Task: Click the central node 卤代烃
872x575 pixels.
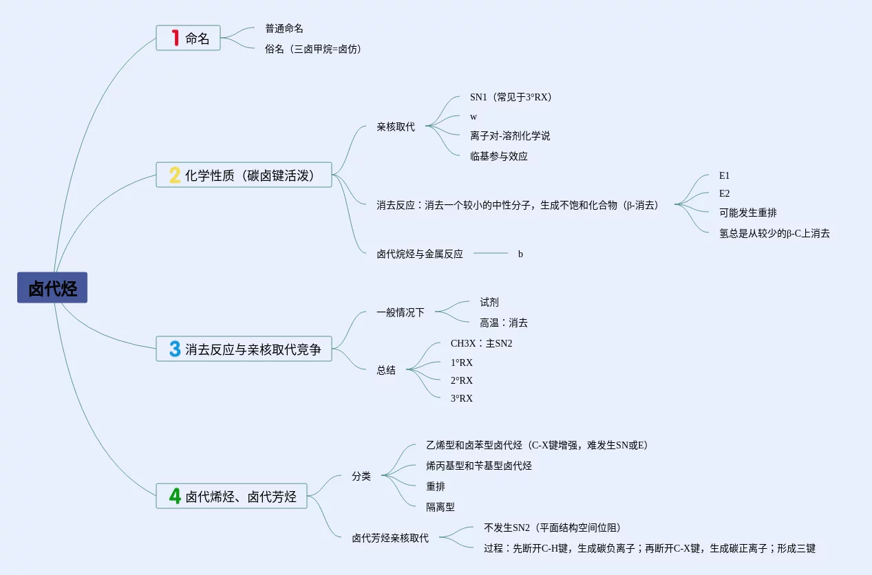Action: tap(52, 287)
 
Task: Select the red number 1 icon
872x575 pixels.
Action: tap(175, 38)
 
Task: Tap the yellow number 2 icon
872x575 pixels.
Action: tap(175, 175)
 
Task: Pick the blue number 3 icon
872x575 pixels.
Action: tap(175, 349)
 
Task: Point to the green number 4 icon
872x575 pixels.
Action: tap(175, 496)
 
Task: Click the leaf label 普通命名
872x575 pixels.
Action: tap(284, 29)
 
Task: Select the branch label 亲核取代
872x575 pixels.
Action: tap(396, 127)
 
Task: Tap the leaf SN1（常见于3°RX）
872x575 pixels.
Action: tap(511, 98)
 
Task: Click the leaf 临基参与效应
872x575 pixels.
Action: tap(499, 156)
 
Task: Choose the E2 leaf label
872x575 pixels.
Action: tap(724, 193)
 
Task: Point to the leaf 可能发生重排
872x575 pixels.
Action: tap(748, 213)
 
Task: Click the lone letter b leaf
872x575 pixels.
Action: tap(520, 254)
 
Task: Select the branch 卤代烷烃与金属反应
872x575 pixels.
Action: tap(420, 254)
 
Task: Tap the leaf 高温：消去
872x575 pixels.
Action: tap(504, 323)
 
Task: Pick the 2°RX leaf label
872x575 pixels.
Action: tap(462, 380)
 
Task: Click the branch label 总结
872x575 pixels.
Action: tap(386, 370)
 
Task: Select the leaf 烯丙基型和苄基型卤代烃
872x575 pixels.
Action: tap(479, 466)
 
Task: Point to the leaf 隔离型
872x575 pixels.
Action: tap(440, 507)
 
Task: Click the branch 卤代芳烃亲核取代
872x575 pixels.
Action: tap(390, 538)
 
